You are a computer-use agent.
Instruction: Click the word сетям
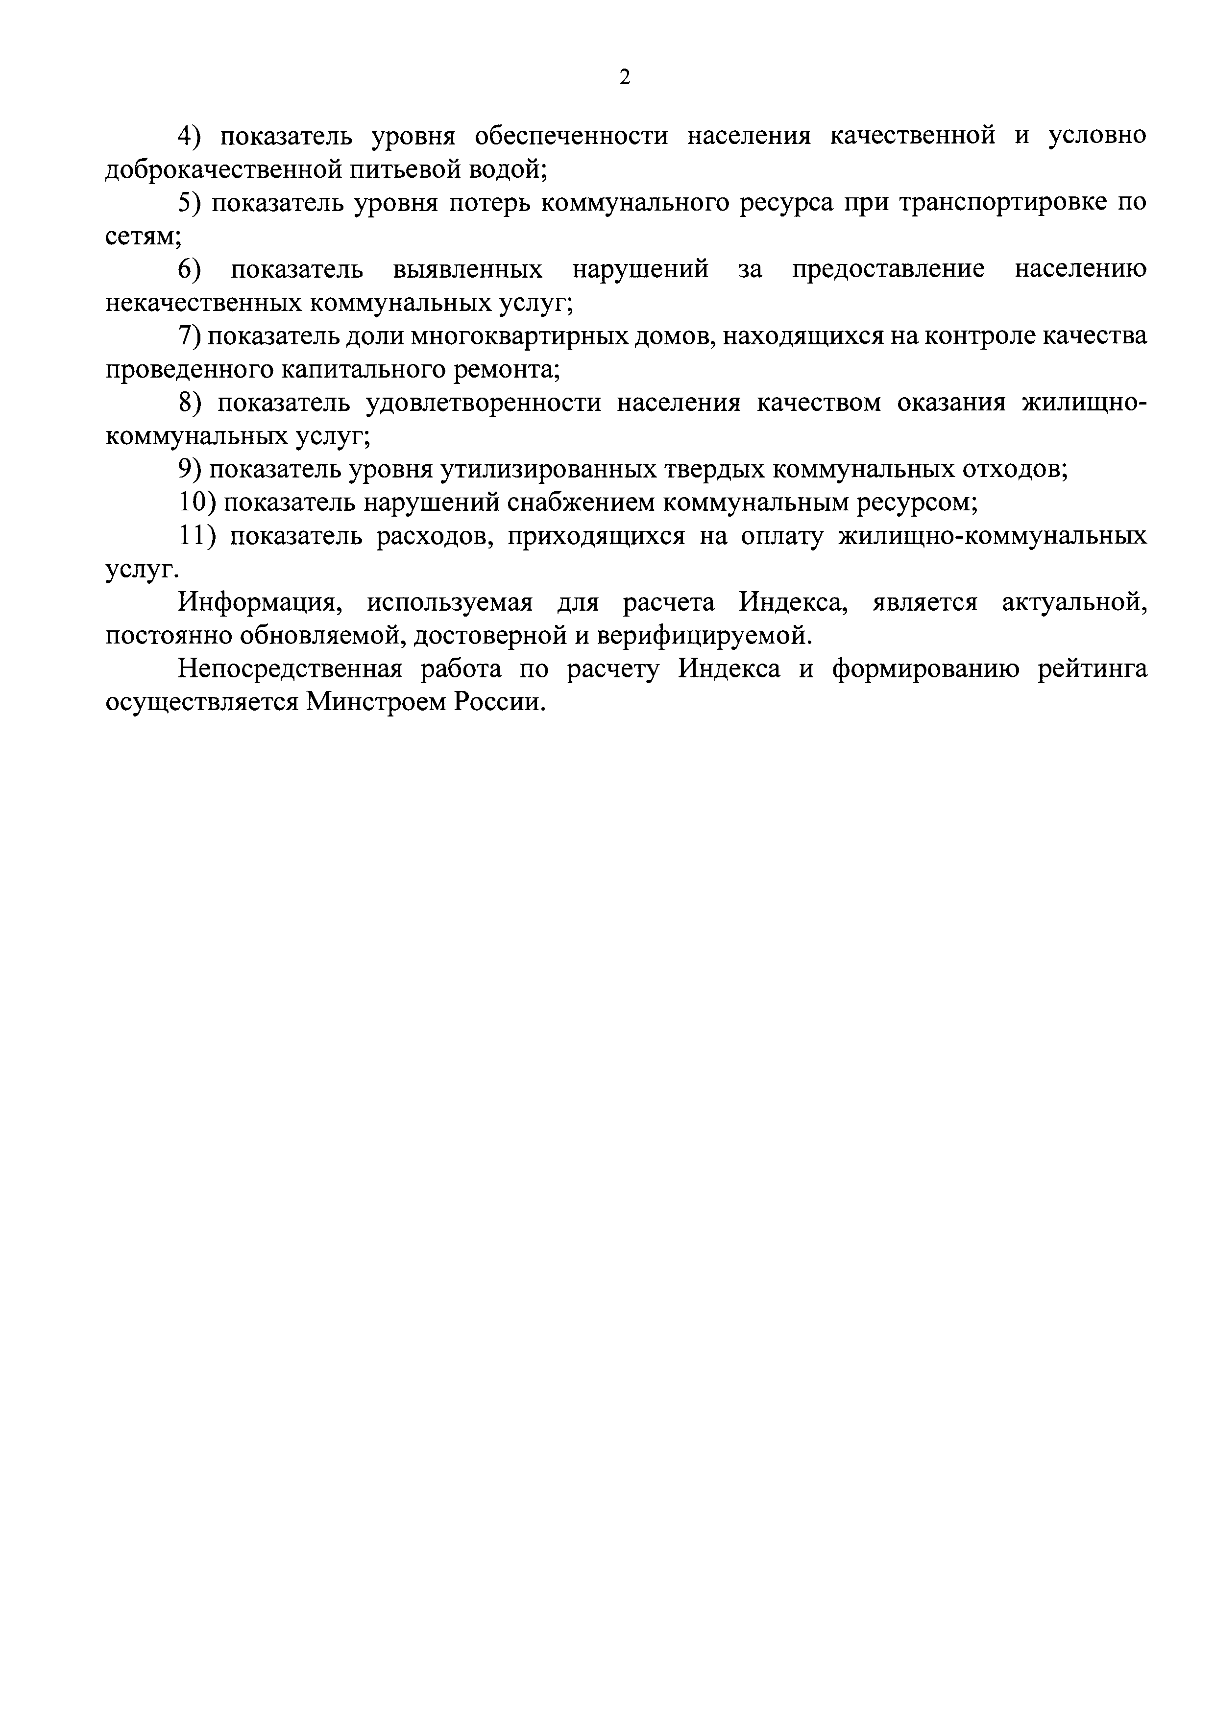click(141, 237)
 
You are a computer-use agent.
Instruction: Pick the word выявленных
click(468, 269)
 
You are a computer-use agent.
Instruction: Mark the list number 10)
click(197, 503)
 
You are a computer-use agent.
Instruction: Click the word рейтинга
click(1092, 669)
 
